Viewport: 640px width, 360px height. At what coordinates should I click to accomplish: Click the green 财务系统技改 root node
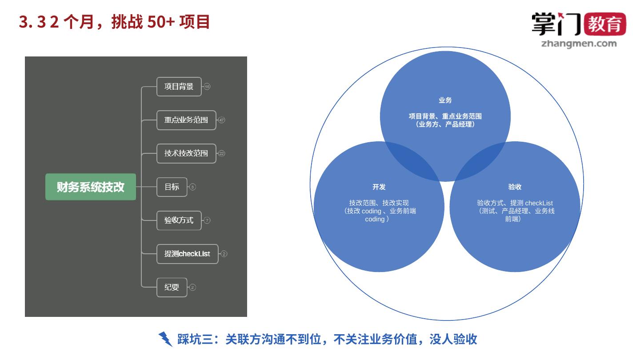coord(91,187)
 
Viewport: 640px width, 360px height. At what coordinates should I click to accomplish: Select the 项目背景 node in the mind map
coord(179,87)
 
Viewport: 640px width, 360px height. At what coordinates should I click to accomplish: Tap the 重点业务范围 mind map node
coord(186,120)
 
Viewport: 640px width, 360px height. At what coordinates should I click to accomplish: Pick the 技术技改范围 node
coord(186,153)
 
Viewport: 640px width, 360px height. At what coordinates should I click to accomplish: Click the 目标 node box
coord(172,187)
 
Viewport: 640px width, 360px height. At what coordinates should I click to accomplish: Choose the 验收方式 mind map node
coord(179,220)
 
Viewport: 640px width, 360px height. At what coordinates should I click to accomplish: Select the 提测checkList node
coord(187,254)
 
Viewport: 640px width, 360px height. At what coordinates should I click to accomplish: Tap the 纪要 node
coord(172,287)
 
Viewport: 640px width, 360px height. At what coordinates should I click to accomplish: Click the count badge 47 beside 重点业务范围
coord(222,120)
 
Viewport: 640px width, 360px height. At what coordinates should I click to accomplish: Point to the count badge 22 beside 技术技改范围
coord(222,153)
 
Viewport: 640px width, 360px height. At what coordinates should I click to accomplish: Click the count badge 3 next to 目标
coord(192,187)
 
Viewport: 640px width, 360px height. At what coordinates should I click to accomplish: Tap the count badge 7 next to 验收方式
coord(207,220)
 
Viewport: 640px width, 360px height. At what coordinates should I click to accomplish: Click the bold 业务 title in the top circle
coord(445,100)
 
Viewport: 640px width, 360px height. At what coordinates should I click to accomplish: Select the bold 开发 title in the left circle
coord(379,187)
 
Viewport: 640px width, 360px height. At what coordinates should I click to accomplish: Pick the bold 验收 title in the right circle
coord(515,187)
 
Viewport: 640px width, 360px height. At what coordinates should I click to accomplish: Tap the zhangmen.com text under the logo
coord(579,44)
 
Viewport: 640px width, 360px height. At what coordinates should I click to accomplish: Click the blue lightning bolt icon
coord(165,339)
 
